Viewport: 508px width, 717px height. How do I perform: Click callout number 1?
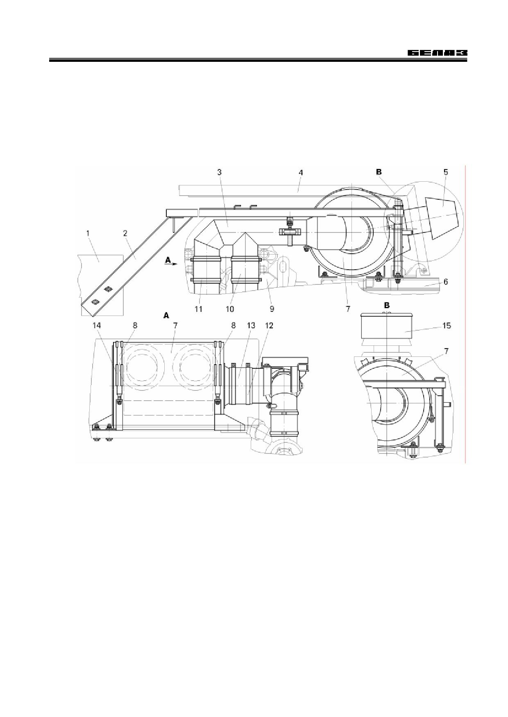click(x=88, y=233)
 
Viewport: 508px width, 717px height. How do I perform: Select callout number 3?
click(x=219, y=172)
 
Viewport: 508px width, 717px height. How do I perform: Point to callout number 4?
click(x=301, y=173)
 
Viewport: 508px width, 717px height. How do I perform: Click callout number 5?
click(x=446, y=172)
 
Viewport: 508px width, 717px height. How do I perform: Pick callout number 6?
click(x=445, y=282)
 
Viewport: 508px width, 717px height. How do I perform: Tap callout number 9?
click(x=272, y=309)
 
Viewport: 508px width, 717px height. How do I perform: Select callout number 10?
click(x=230, y=309)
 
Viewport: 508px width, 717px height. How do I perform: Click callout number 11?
click(x=198, y=309)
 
